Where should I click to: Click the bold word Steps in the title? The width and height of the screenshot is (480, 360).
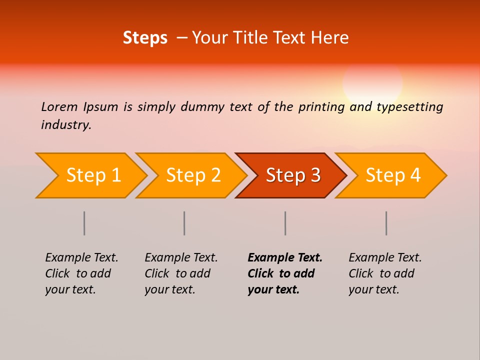click(x=145, y=38)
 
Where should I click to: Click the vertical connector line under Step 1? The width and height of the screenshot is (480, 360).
click(x=84, y=223)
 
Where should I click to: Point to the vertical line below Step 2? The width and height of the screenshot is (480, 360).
click(x=184, y=223)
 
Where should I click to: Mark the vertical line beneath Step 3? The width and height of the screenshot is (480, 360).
click(x=285, y=223)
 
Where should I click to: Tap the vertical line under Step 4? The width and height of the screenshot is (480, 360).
click(x=386, y=223)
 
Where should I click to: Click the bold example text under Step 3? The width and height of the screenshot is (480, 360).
click(x=284, y=273)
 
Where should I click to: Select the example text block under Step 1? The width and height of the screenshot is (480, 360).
click(x=81, y=273)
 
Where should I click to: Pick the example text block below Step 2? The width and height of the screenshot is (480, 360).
click(x=181, y=273)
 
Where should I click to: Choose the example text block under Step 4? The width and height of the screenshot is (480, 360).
click(x=385, y=273)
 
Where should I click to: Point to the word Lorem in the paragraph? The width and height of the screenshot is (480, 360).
click(x=59, y=106)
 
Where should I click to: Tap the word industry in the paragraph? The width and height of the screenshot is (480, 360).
click(x=66, y=125)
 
